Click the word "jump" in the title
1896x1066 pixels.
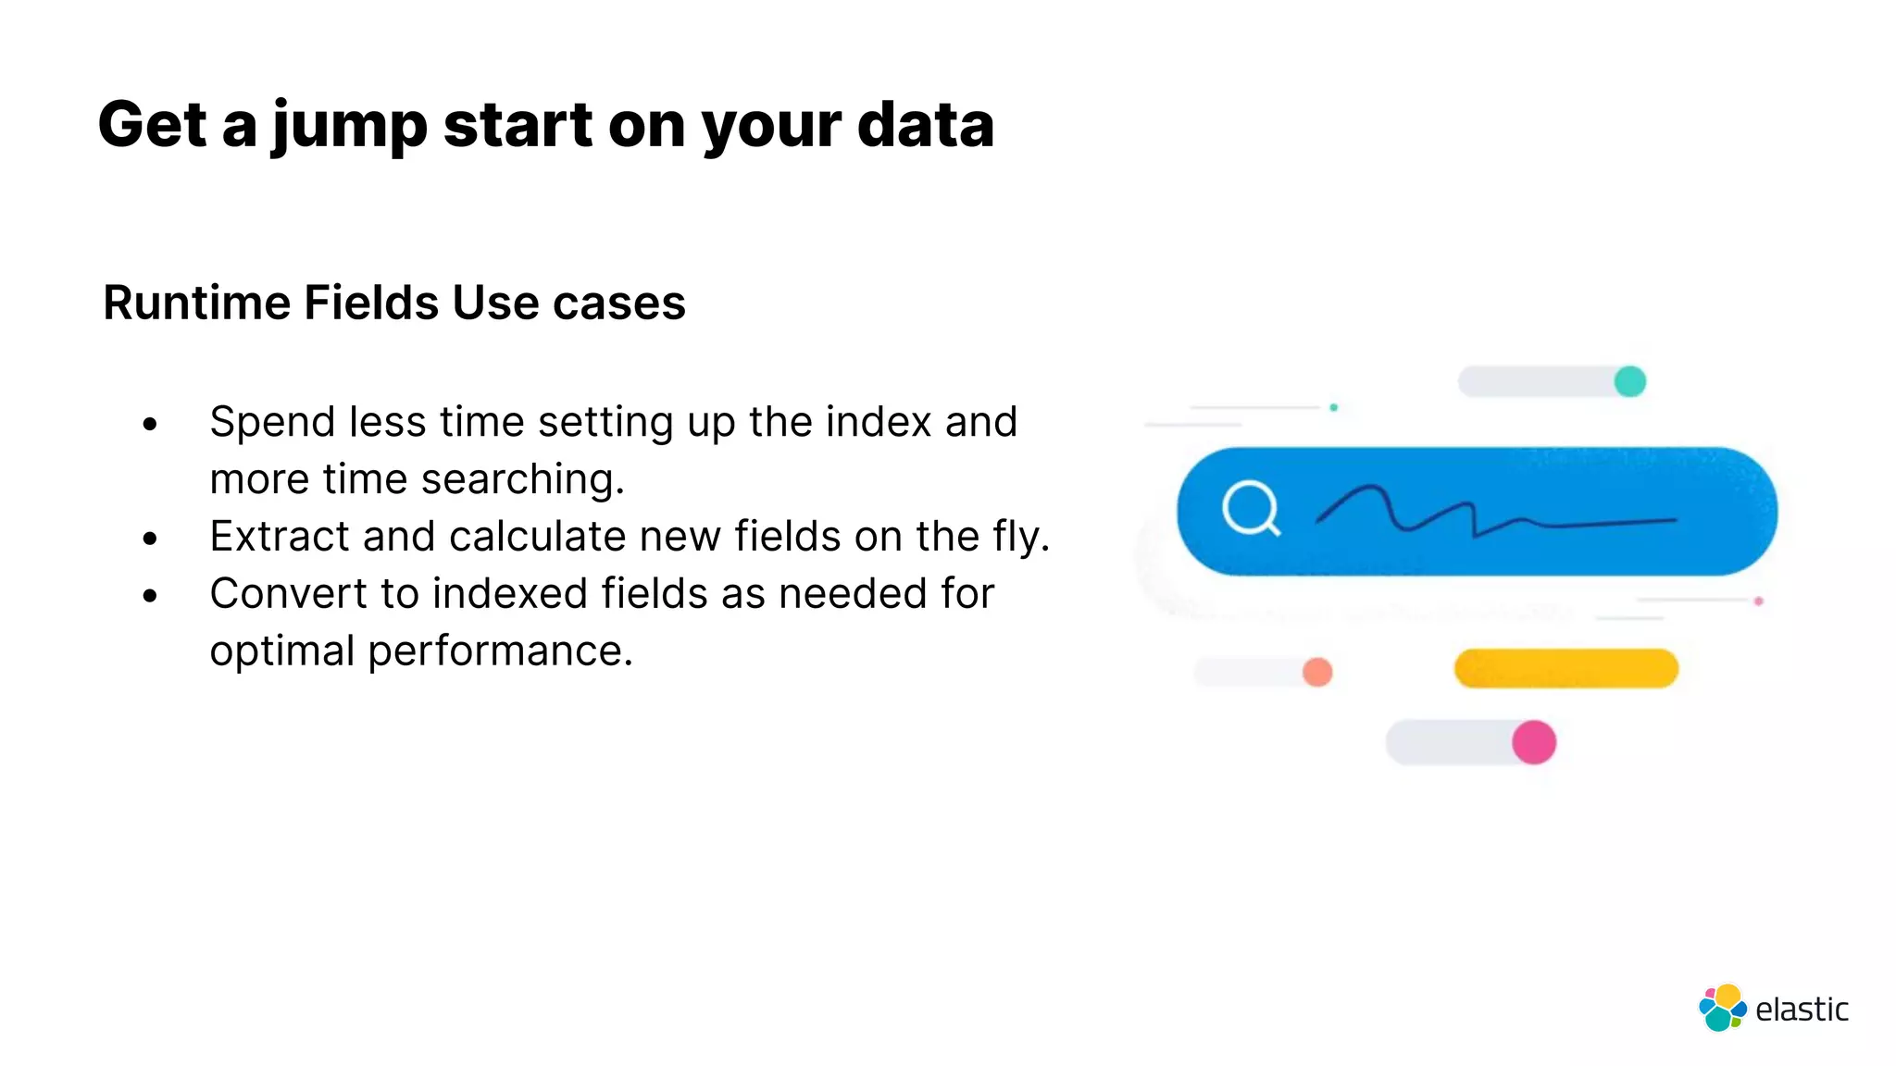tap(349, 126)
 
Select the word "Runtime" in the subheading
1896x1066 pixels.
tap(196, 303)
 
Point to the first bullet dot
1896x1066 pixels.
tap(151, 425)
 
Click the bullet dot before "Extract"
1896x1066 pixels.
tap(151, 539)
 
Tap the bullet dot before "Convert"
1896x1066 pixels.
tap(151, 596)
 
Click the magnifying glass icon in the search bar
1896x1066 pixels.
tap(1251, 508)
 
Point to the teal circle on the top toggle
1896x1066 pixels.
tap(1629, 381)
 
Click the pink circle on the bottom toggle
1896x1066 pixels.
tap(1533, 742)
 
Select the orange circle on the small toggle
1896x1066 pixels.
tap(1316, 672)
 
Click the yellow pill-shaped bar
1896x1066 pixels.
tap(1565, 668)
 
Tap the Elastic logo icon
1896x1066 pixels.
tap(1722, 1008)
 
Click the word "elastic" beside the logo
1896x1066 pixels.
tap(1802, 1010)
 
